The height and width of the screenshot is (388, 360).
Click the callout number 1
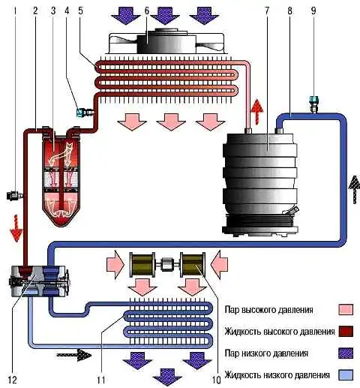16,11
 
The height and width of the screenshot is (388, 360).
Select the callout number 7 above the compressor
267,11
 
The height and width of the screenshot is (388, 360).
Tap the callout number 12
12,380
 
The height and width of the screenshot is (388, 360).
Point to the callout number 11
101,380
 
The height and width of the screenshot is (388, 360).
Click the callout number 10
217,380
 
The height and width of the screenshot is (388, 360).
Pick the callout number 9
313,11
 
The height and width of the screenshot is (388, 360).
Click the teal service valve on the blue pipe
313,104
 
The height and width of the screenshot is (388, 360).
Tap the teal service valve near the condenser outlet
85,112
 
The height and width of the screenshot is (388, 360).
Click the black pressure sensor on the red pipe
14,195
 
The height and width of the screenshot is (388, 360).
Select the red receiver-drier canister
61,177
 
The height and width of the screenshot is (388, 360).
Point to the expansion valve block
40,281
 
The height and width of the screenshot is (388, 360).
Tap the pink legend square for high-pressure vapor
346,309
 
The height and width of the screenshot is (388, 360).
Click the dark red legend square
346,331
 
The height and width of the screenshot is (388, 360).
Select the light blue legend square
346,374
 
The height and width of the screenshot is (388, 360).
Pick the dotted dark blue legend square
346,353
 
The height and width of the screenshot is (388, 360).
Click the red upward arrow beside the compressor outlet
257,111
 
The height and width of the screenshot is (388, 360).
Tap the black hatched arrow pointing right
74,355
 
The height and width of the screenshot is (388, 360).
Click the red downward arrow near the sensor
16,228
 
